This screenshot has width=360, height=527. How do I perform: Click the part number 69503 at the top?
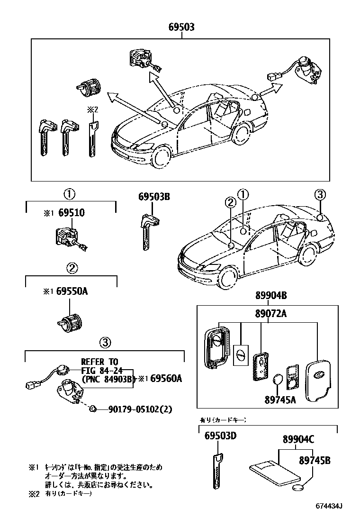coord(181,27)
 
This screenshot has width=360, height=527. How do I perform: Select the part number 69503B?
coord(154,196)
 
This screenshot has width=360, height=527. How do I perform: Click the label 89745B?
coord(314,460)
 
